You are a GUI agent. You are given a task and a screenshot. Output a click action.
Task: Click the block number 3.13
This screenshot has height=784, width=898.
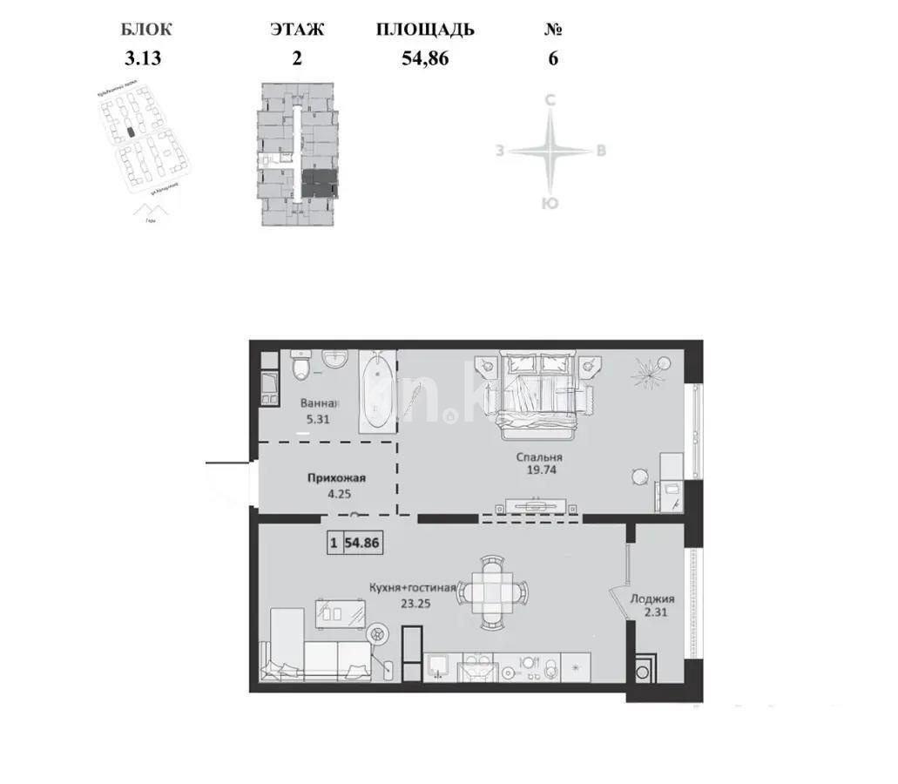click(144, 59)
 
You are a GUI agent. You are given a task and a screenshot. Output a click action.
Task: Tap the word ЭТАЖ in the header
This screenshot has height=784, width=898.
click(297, 30)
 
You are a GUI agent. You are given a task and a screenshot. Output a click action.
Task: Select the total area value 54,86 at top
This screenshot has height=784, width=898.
click(425, 59)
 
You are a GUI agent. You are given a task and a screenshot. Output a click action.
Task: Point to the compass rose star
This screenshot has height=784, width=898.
click(550, 151)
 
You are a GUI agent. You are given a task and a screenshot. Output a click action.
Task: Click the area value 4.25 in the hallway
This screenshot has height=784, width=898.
click(335, 494)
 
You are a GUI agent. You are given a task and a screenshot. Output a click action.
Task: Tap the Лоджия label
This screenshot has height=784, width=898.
click(653, 599)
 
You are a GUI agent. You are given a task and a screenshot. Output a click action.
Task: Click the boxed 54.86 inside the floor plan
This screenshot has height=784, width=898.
click(362, 542)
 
